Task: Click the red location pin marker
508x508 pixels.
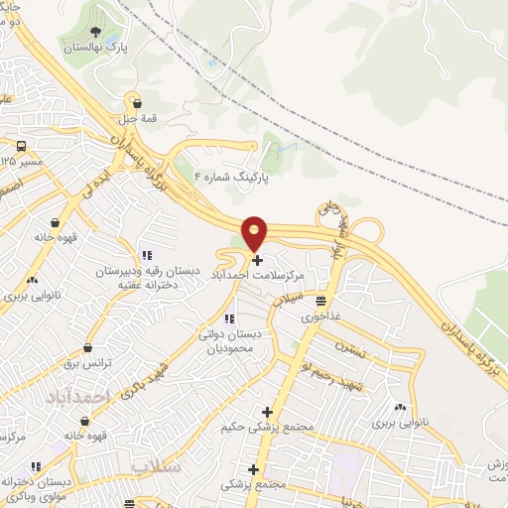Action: [255, 233]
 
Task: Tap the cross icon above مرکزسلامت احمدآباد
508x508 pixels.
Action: [258, 260]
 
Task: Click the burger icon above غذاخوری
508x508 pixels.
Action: [321, 300]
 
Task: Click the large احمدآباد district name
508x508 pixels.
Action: [75, 396]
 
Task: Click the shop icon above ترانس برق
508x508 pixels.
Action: [88, 348]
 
